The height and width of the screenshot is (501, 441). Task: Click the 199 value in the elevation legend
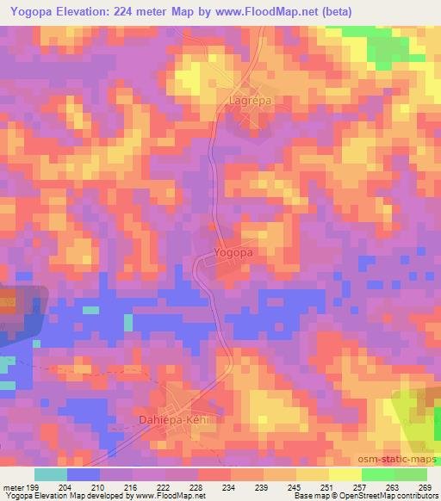[x=32, y=486]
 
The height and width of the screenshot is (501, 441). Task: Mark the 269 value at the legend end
[x=424, y=486]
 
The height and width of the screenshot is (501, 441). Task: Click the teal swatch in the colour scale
[x=51, y=474]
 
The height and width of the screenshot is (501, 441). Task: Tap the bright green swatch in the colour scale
[x=377, y=474]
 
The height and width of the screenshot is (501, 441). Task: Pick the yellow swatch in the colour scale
[x=312, y=474]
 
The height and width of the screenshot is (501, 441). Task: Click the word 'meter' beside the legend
[x=13, y=486]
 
